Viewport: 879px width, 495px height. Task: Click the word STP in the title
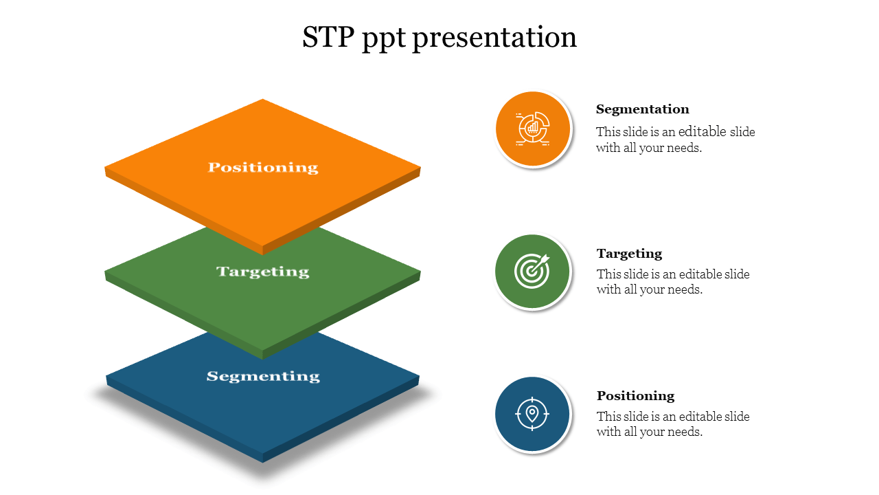[328, 37]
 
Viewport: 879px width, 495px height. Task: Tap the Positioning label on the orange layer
[263, 168]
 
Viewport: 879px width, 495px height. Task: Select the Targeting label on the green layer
[263, 272]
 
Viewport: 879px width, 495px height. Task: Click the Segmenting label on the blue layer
[263, 377]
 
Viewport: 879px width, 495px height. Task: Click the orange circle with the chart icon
[532, 129]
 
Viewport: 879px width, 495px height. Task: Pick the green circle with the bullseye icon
[532, 271]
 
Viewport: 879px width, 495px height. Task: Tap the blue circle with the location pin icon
[532, 414]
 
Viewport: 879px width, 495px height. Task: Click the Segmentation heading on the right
[642, 109]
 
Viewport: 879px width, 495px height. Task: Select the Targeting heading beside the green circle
[630, 254]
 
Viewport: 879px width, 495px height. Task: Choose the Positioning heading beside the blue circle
[636, 396]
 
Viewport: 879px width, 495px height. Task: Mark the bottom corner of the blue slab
[263, 463]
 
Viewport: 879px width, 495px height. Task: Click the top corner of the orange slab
[263, 99]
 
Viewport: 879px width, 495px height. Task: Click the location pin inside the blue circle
[532, 414]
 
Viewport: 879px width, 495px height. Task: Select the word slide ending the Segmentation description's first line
[742, 132]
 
